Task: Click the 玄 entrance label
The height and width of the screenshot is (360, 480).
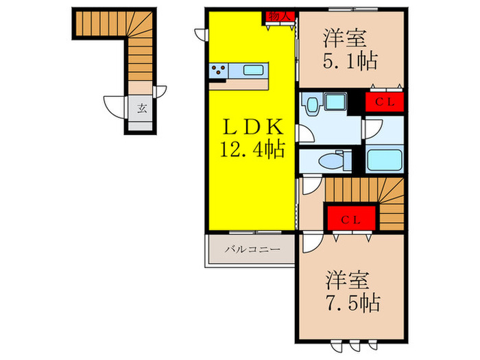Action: pyautogui.click(x=142, y=108)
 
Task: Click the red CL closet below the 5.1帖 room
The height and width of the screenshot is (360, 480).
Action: pyautogui.click(x=383, y=102)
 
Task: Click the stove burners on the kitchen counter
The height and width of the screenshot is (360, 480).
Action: pyautogui.click(x=220, y=70)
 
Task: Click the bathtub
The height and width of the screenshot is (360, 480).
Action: pyautogui.click(x=385, y=160)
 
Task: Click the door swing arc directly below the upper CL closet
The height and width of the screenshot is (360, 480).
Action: pyautogui.click(x=376, y=128)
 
